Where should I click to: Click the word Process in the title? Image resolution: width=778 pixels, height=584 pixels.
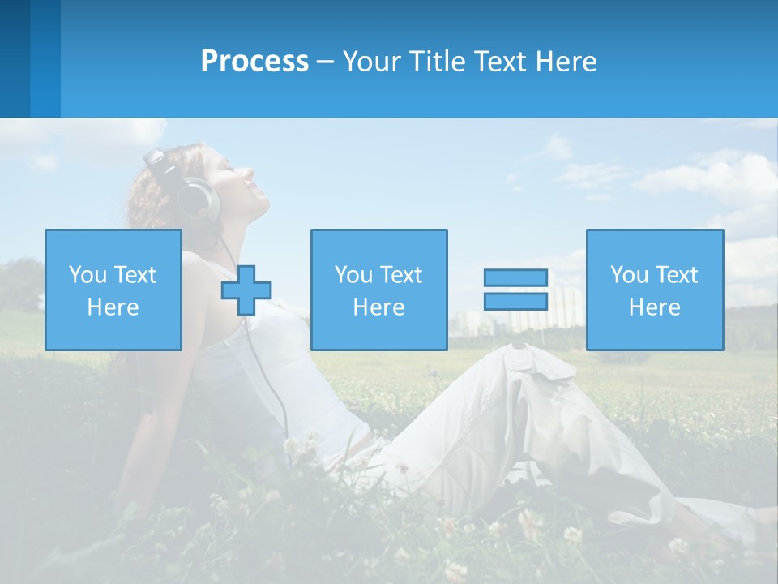point(254,62)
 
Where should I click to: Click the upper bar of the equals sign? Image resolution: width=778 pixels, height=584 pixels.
point(515,277)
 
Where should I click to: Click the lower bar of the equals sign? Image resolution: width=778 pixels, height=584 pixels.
point(515,301)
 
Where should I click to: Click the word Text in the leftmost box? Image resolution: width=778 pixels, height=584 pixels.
point(135,275)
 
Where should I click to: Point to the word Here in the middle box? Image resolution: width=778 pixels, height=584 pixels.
point(378,307)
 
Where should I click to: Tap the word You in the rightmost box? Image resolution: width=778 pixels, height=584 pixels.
point(630,275)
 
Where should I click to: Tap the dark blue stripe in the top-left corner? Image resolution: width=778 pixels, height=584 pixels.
point(15,58)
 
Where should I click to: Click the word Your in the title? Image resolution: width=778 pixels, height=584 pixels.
point(372,62)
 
